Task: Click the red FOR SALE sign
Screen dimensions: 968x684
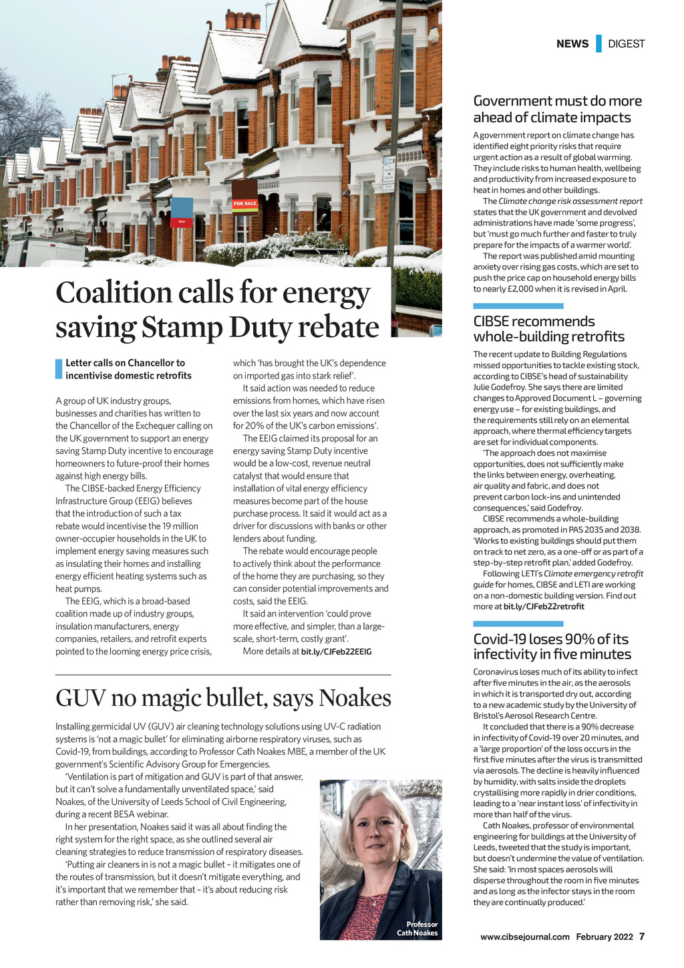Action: coord(245,203)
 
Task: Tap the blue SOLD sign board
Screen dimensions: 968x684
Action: coord(182,213)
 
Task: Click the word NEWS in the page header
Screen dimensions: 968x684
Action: coord(572,44)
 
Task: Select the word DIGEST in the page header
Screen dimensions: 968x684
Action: coord(626,44)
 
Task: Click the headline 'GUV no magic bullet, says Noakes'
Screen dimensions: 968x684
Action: coord(223,698)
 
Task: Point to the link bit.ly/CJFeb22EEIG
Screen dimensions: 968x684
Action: coord(336,651)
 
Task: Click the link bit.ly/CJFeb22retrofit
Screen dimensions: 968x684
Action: coord(544,606)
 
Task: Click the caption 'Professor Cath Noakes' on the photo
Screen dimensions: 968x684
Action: coord(418,929)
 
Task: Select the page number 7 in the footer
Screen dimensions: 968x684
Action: coord(642,937)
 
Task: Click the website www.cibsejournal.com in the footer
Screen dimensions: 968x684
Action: coord(525,937)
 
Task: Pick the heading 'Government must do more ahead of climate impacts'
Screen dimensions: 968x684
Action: coord(557,109)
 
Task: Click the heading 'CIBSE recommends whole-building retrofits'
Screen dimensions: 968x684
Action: coord(548,329)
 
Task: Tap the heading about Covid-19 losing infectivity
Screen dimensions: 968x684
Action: coord(552,646)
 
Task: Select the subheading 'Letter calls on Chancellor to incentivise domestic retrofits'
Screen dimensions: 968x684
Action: coord(128,369)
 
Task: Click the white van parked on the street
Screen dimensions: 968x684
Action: coord(40,253)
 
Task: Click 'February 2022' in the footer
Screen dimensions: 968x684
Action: coord(605,937)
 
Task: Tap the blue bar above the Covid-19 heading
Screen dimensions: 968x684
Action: coord(518,624)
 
